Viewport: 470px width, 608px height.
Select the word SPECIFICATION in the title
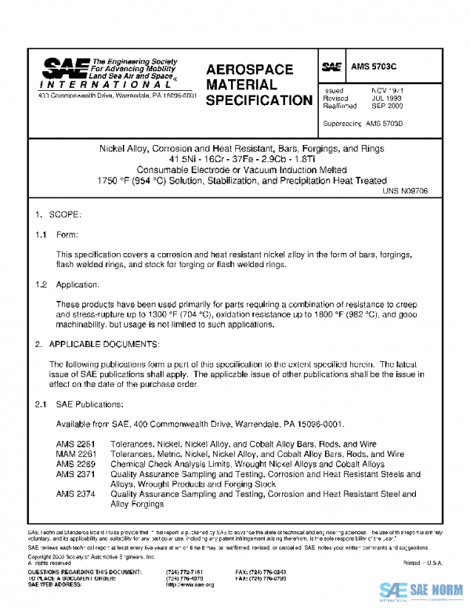[x=258, y=100]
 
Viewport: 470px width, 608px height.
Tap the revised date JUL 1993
[x=386, y=99]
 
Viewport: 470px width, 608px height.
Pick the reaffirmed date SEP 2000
[x=387, y=107]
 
